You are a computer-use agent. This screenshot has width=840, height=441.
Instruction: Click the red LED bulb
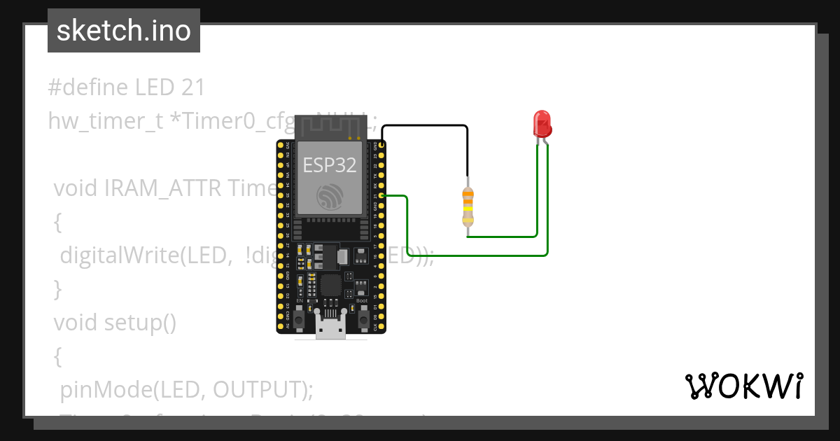coord(542,124)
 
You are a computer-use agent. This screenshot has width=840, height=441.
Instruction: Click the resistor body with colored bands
coord(468,207)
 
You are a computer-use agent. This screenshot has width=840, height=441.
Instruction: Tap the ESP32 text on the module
coord(330,165)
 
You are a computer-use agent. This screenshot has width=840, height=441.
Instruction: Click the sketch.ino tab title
coord(124,31)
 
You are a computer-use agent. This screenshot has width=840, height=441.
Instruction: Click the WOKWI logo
coord(743,386)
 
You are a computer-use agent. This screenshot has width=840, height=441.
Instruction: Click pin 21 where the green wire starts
coord(381,196)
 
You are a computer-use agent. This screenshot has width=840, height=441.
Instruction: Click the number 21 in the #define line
coord(192,87)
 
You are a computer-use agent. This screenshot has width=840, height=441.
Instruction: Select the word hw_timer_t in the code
coord(105,120)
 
